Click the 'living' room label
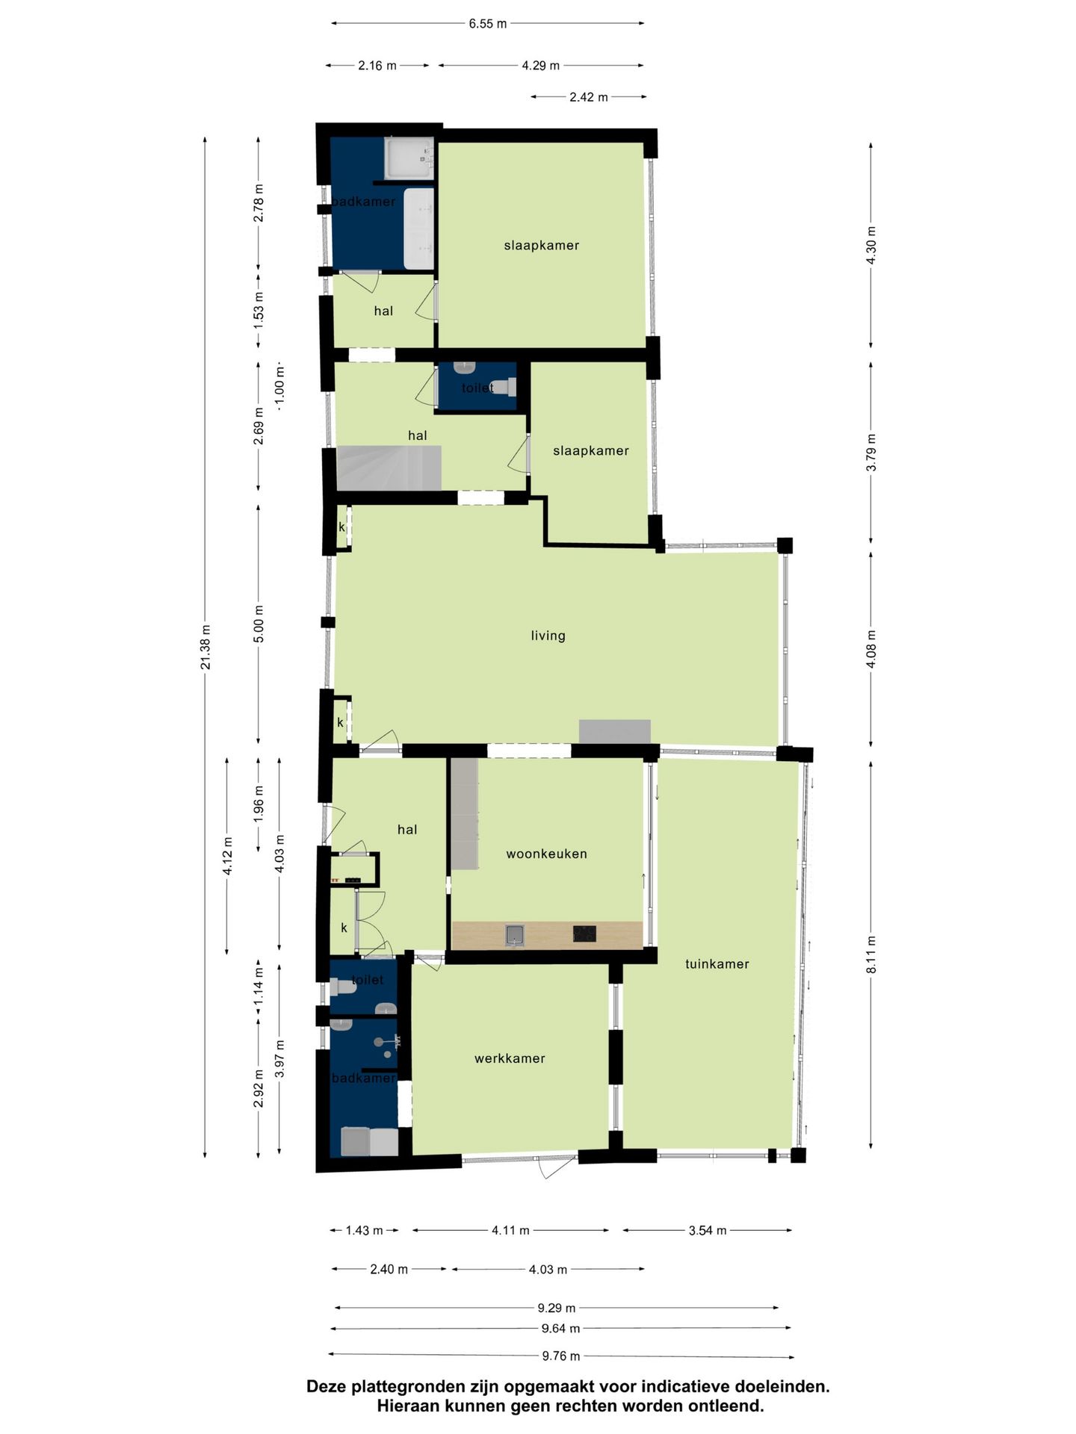(x=548, y=636)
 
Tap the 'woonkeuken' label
(x=546, y=854)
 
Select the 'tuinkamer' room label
(x=717, y=963)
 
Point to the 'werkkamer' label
(x=510, y=1058)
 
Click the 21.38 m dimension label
(x=205, y=647)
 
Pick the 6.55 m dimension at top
(x=488, y=24)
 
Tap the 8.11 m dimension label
(x=871, y=955)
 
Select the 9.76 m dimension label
(x=560, y=1356)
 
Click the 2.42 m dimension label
(x=589, y=97)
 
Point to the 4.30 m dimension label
(x=871, y=245)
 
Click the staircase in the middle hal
(x=389, y=468)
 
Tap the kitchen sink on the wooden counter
(x=514, y=934)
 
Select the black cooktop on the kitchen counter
(x=584, y=934)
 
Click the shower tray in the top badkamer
(x=409, y=158)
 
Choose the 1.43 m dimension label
(x=364, y=1230)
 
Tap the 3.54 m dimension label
(x=708, y=1230)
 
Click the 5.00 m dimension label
(x=259, y=624)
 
